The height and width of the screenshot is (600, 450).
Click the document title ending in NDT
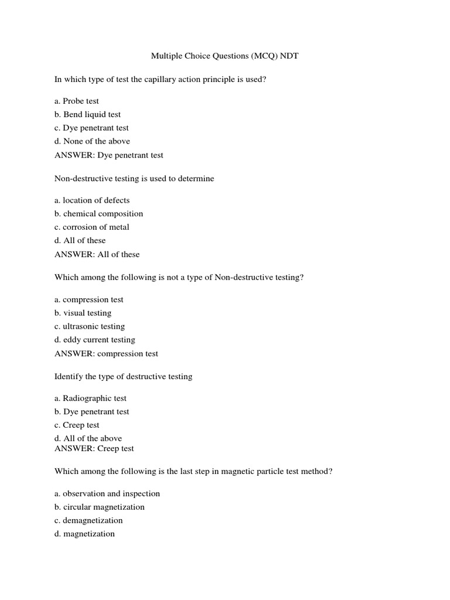(x=225, y=56)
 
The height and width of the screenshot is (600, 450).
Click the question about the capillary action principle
(x=160, y=79)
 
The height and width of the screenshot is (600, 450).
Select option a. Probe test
(x=77, y=101)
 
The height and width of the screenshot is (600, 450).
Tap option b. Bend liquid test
(x=88, y=114)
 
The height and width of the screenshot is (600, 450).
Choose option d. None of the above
(x=92, y=141)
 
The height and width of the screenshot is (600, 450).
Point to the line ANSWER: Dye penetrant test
(x=109, y=155)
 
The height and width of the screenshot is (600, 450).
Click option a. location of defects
(x=92, y=200)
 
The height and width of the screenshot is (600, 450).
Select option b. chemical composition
(x=98, y=214)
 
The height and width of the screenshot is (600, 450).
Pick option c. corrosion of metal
(x=92, y=227)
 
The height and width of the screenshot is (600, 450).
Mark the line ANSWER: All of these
(x=97, y=254)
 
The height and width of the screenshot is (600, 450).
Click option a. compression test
(x=89, y=300)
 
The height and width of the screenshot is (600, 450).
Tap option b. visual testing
(x=83, y=313)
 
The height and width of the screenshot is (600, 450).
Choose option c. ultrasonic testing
(x=90, y=327)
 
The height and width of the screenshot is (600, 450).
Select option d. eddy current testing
(x=95, y=340)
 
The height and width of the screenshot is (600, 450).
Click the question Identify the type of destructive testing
(x=123, y=377)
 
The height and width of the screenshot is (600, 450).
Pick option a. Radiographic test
(x=90, y=398)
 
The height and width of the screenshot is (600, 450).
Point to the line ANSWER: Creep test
(x=94, y=449)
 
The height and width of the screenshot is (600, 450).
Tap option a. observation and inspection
(x=107, y=494)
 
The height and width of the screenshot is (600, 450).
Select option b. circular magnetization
(x=100, y=507)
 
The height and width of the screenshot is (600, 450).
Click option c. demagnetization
(x=88, y=521)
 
